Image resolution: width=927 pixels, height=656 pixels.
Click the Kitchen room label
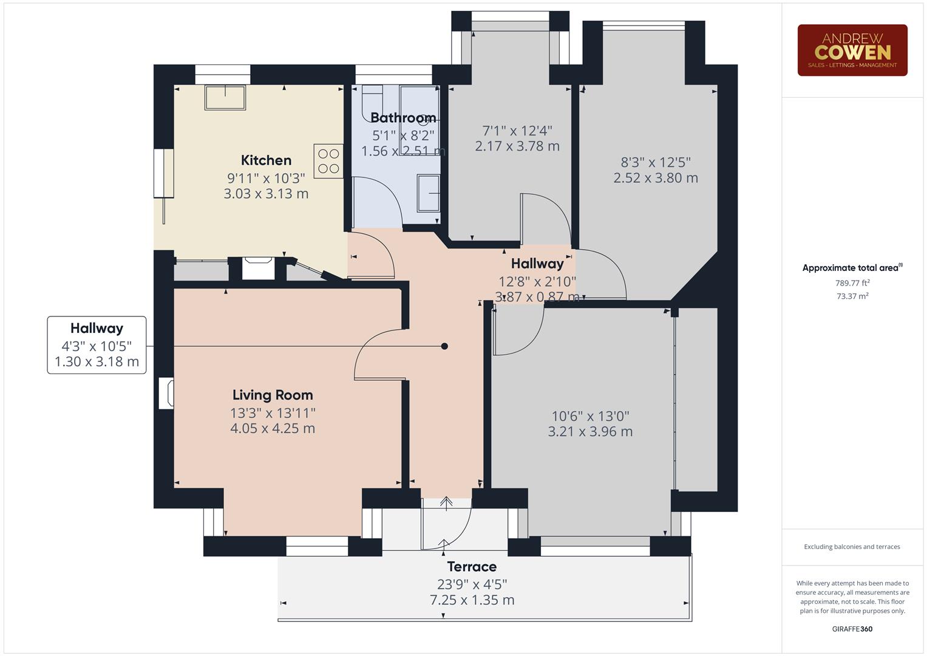click(x=266, y=160)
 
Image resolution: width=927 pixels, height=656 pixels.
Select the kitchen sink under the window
click(x=225, y=97)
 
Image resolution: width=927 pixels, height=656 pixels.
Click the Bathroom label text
click(x=403, y=118)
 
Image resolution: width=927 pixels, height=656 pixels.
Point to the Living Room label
click(x=273, y=395)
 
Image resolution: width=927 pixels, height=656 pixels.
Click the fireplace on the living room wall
click(x=166, y=393)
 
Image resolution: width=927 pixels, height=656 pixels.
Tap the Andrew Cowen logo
click(x=852, y=50)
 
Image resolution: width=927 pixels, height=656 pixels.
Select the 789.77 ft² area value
click(x=852, y=283)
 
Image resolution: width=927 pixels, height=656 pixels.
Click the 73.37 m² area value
click(x=852, y=296)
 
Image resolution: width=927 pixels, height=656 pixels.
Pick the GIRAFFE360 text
click(x=852, y=629)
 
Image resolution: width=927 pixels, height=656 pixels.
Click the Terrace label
click(x=472, y=567)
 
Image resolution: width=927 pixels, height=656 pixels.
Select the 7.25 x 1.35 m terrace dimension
click(x=472, y=600)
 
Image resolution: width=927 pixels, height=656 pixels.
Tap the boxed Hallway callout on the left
click(x=97, y=344)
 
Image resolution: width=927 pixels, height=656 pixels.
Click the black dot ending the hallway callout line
click(x=444, y=346)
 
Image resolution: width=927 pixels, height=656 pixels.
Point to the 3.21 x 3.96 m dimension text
click(x=590, y=432)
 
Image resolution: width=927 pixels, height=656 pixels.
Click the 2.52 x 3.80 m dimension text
click(x=656, y=178)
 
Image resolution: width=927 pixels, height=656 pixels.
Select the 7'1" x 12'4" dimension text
click(x=517, y=131)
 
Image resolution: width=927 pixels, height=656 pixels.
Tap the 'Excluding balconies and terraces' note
click(x=852, y=547)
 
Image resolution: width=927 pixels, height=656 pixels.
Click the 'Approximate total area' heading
click(x=850, y=268)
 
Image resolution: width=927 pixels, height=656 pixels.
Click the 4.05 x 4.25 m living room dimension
click(x=273, y=428)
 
